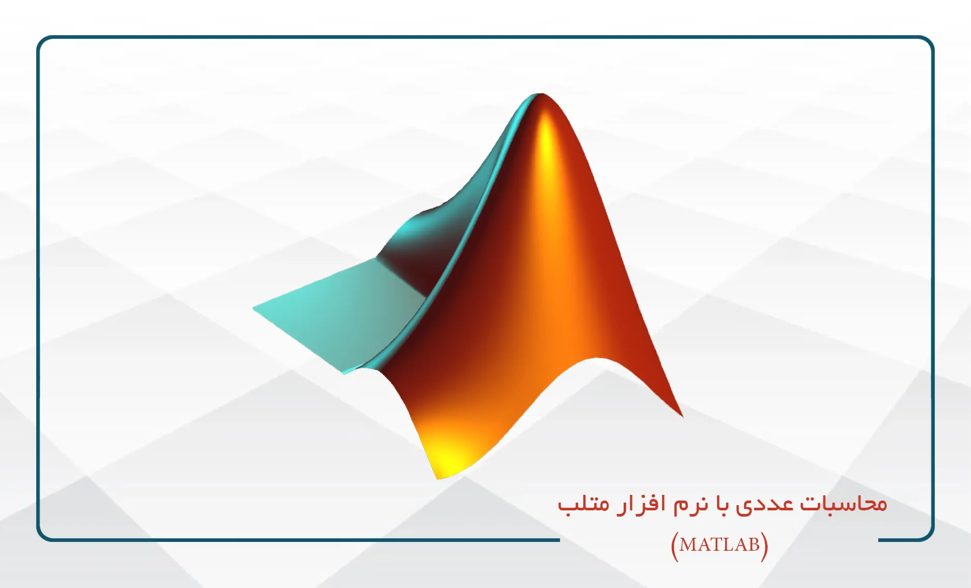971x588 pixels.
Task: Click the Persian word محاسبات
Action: (844, 503)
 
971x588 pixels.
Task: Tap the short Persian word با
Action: (723, 503)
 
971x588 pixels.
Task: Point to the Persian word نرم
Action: (690, 505)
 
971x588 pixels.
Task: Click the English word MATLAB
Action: (720, 545)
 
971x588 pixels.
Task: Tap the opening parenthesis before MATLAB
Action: (674, 546)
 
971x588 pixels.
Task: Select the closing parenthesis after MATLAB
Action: (764, 546)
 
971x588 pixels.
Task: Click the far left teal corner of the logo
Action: (254, 308)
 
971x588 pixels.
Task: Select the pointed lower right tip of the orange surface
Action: (682, 415)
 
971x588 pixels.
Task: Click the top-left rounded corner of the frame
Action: (42, 42)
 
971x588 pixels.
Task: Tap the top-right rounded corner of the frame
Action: (929, 42)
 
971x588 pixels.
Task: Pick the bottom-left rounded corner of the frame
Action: (42, 535)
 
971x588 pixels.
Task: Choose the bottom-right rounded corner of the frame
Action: (929, 535)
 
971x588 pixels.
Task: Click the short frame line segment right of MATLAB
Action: (898, 540)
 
